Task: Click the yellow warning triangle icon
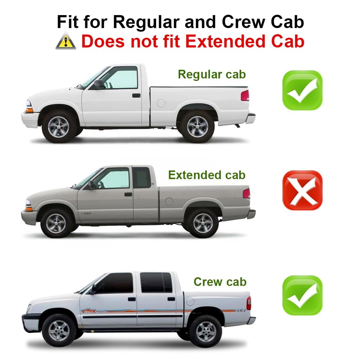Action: tap(66, 41)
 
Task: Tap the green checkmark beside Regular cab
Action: tap(302, 90)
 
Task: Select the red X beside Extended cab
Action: tap(302, 190)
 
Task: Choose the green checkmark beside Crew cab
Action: tap(302, 295)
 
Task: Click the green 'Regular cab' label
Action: tap(212, 74)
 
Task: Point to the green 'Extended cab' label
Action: tap(207, 175)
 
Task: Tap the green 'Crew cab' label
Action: tap(220, 282)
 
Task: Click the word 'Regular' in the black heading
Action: tap(146, 23)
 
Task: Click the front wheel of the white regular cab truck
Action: tap(59, 127)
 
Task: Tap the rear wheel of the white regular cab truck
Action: tap(197, 127)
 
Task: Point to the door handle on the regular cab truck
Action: tap(136, 95)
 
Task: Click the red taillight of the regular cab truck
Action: tap(245, 95)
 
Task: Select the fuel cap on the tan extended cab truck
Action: tap(169, 201)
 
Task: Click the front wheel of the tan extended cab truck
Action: tap(56, 223)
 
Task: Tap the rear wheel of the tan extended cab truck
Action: tap(203, 223)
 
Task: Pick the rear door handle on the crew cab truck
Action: tap(171, 299)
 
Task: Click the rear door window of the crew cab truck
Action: tap(156, 282)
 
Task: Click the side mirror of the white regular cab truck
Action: tap(99, 84)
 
